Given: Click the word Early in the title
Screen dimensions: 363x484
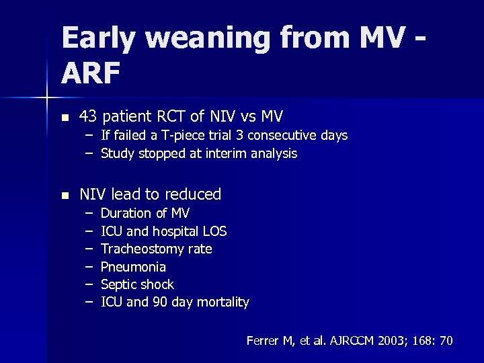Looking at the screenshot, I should [x=99, y=39].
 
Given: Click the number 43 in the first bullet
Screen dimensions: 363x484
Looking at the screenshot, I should [x=87, y=116].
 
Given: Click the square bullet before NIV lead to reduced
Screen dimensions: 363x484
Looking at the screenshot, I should [x=65, y=195].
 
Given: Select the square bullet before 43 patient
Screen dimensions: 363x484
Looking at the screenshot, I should [x=65, y=117].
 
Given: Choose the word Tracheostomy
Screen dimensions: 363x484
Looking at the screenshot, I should [x=138, y=249].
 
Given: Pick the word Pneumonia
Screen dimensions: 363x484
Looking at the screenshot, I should [x=133, y=267].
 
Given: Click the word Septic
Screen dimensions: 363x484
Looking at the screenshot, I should [x=118, y=284].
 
